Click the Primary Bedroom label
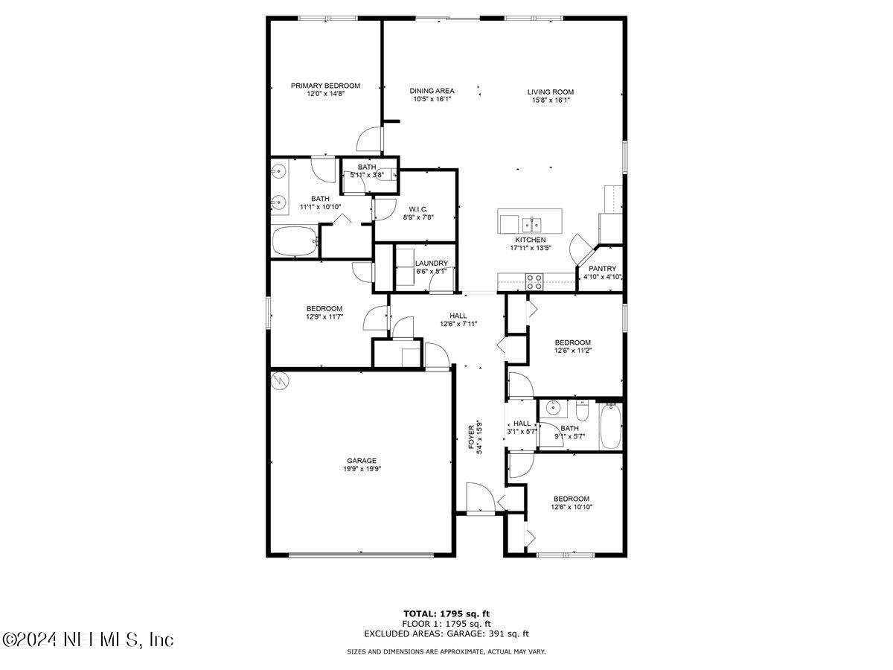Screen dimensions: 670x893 pos(325,86)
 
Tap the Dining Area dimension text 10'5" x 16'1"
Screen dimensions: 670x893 pos(432,99)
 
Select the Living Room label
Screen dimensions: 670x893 pos(551,92)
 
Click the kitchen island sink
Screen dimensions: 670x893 pos(531,223)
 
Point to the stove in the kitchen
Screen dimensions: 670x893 pos(534,281)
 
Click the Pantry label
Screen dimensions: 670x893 pos(602,269)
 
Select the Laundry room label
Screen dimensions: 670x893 pos(432,263)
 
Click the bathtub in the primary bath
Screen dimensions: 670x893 pos(295,242)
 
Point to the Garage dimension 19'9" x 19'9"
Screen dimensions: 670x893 pos(361,469)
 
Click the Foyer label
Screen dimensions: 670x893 pos(471,437)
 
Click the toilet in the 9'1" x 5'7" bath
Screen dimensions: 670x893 pos(582,410)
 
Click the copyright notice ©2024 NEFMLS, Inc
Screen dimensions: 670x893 pos(88,639)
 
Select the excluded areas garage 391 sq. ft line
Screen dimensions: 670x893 pos(446,634)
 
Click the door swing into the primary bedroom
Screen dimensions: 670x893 pos(370,139)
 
